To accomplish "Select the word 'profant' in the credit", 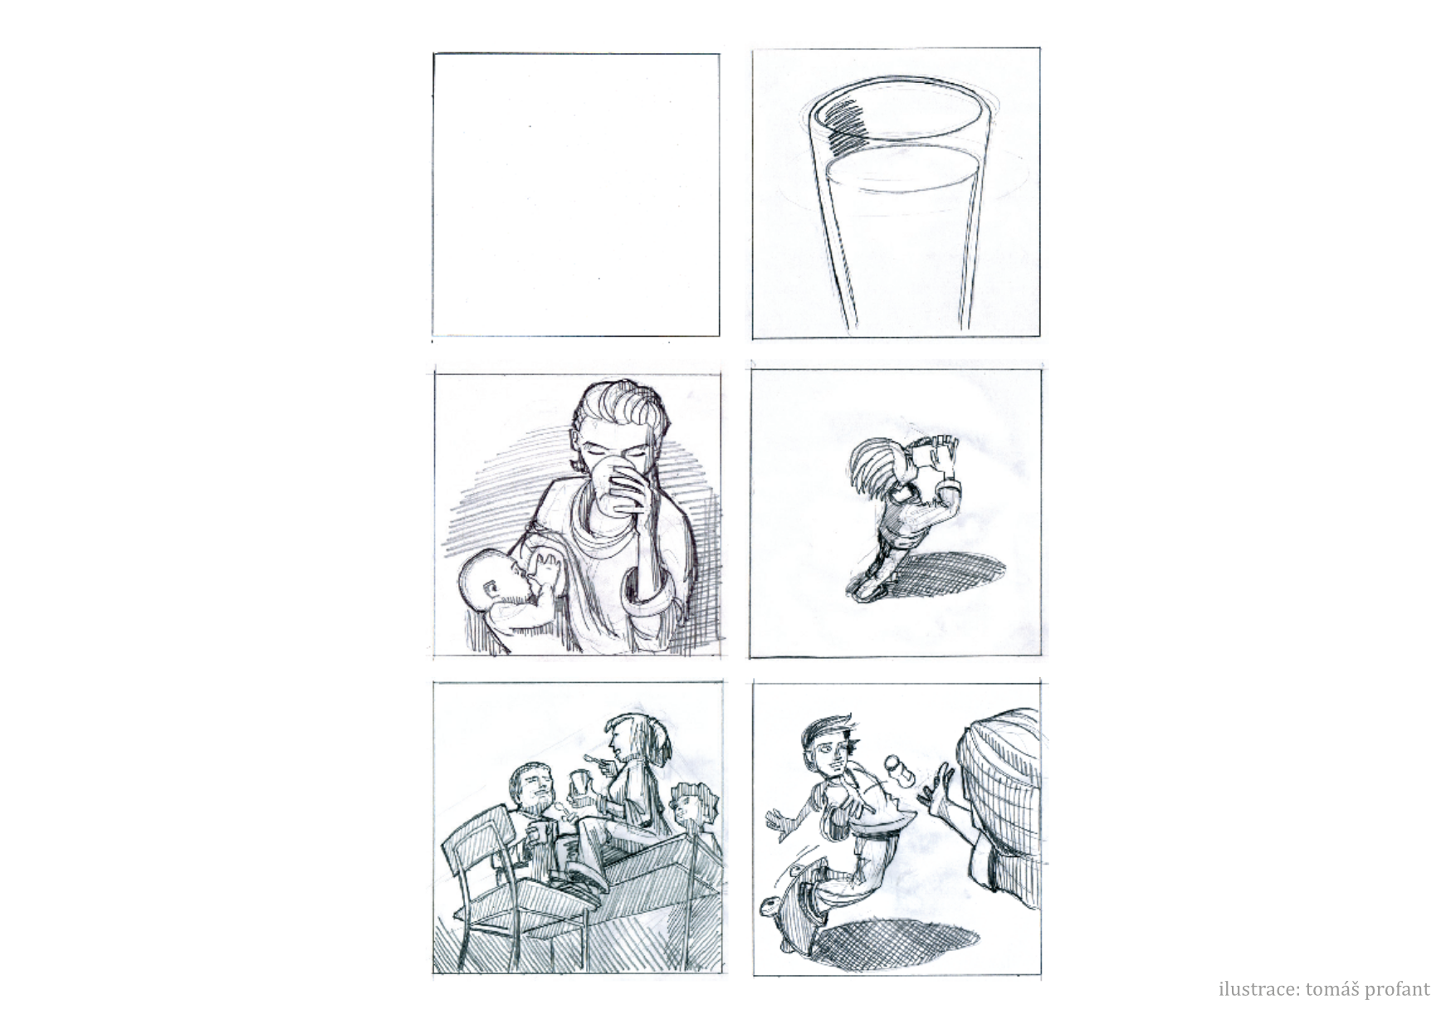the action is [x=1399, y=990].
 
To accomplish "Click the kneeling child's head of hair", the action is [x=873, y=468].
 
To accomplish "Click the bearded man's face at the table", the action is [x=532, y=785].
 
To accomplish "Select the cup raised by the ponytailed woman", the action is [x=582, y=785].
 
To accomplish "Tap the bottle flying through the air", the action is [x=898, y=768].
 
